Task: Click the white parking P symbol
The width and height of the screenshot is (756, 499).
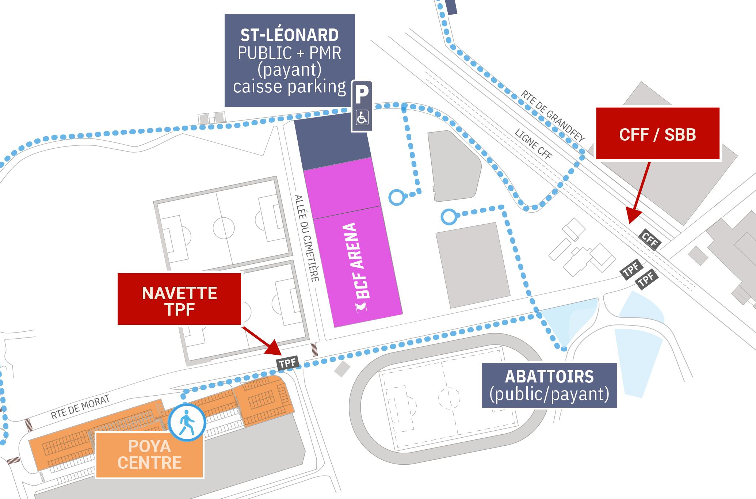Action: tap(362, 94)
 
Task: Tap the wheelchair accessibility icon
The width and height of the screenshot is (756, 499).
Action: tap(362, 118)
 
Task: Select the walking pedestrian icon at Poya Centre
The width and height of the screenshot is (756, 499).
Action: tap(187, 422)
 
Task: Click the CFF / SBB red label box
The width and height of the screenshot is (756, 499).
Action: tap(657, 134)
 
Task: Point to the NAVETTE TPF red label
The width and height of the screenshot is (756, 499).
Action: tap(179, 299)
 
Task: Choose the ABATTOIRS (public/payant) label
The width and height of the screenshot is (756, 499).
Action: tap(549, 385)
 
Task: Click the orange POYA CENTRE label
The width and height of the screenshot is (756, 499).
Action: tap(149, 454)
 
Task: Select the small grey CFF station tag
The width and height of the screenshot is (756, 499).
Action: tap(650, 240)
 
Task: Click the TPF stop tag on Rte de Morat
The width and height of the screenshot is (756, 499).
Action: tap(288, 363)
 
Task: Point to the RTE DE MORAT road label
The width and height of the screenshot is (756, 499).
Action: tap(80, 407)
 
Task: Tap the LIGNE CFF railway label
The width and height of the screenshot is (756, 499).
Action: tap(533, 144)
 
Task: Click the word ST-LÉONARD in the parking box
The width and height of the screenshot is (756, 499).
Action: tap(289, 35)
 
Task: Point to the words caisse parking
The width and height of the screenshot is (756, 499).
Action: tap(289, 87)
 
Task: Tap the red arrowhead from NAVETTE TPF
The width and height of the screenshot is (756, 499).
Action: tap(274, 348)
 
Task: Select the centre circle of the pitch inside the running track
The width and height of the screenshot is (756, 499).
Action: tap(449, 398)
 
